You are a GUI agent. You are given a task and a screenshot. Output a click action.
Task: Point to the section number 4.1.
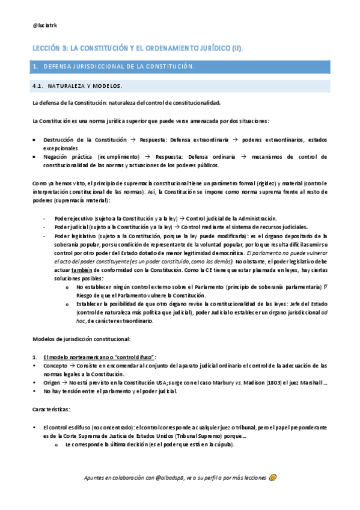[x=38, y=85]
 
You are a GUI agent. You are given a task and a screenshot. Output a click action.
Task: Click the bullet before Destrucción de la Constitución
[x=34, y=140]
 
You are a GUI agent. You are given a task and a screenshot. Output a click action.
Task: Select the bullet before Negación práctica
[x=34, y=156]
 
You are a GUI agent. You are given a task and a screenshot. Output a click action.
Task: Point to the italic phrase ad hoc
[x=323, y=313]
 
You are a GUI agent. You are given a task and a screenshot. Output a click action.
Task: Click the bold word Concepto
[x=55, y=365]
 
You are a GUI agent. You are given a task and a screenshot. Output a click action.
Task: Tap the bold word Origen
[x=53, y=382]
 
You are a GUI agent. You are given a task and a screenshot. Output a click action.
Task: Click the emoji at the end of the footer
[x=273, y=478]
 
